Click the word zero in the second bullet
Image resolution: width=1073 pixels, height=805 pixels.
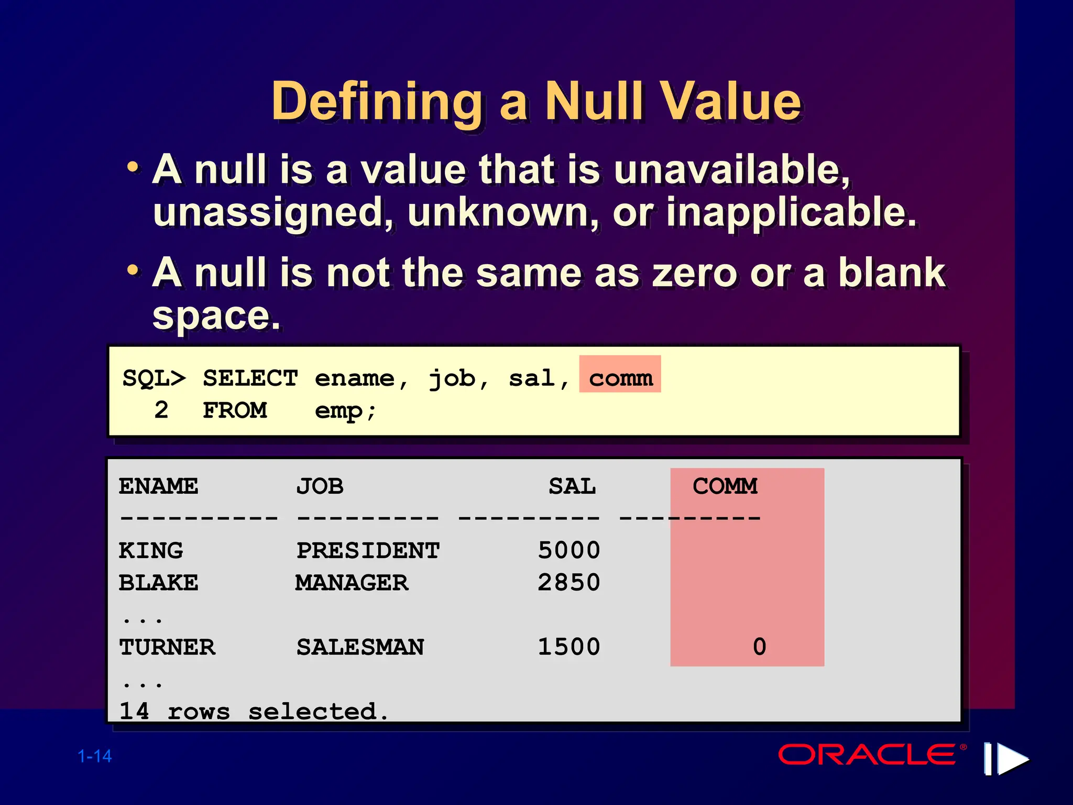pyautogui.click(x=694, y=274)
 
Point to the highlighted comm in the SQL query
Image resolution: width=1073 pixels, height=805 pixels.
pyautogui.click(x=620, y=378)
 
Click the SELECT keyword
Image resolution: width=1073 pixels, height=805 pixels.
pyautogui.click(x=250, y=378)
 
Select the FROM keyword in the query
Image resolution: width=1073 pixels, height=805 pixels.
pyautogui.click(x=235, y=410)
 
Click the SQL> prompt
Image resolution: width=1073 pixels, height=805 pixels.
pyautogui.click(x=154, y=378)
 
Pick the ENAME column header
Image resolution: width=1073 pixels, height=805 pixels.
pyautogui.click(x=158, y=486)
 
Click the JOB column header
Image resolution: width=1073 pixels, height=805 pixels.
pyautogui.click(x=320, y=486)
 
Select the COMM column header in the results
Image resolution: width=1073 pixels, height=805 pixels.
pyautogui.click(x=725, y=486)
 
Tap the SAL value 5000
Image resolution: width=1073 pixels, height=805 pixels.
pyautogui.click(x=569, y=550)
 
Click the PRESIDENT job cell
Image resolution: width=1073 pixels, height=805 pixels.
pyautogui.click(x=368, y=550)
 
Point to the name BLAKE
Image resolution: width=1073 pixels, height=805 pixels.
pyautogui.click(x=158, y=583)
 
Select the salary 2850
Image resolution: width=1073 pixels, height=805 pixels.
pyautogui.click(x=569, y=583)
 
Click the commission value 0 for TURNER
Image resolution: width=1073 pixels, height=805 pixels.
pyautogui.click(x=759, y=647)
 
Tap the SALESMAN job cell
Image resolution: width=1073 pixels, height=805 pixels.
pyautogui.click(x=360, y=647)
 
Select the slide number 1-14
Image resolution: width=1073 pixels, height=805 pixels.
pyautogui.click(x=95, y=756)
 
